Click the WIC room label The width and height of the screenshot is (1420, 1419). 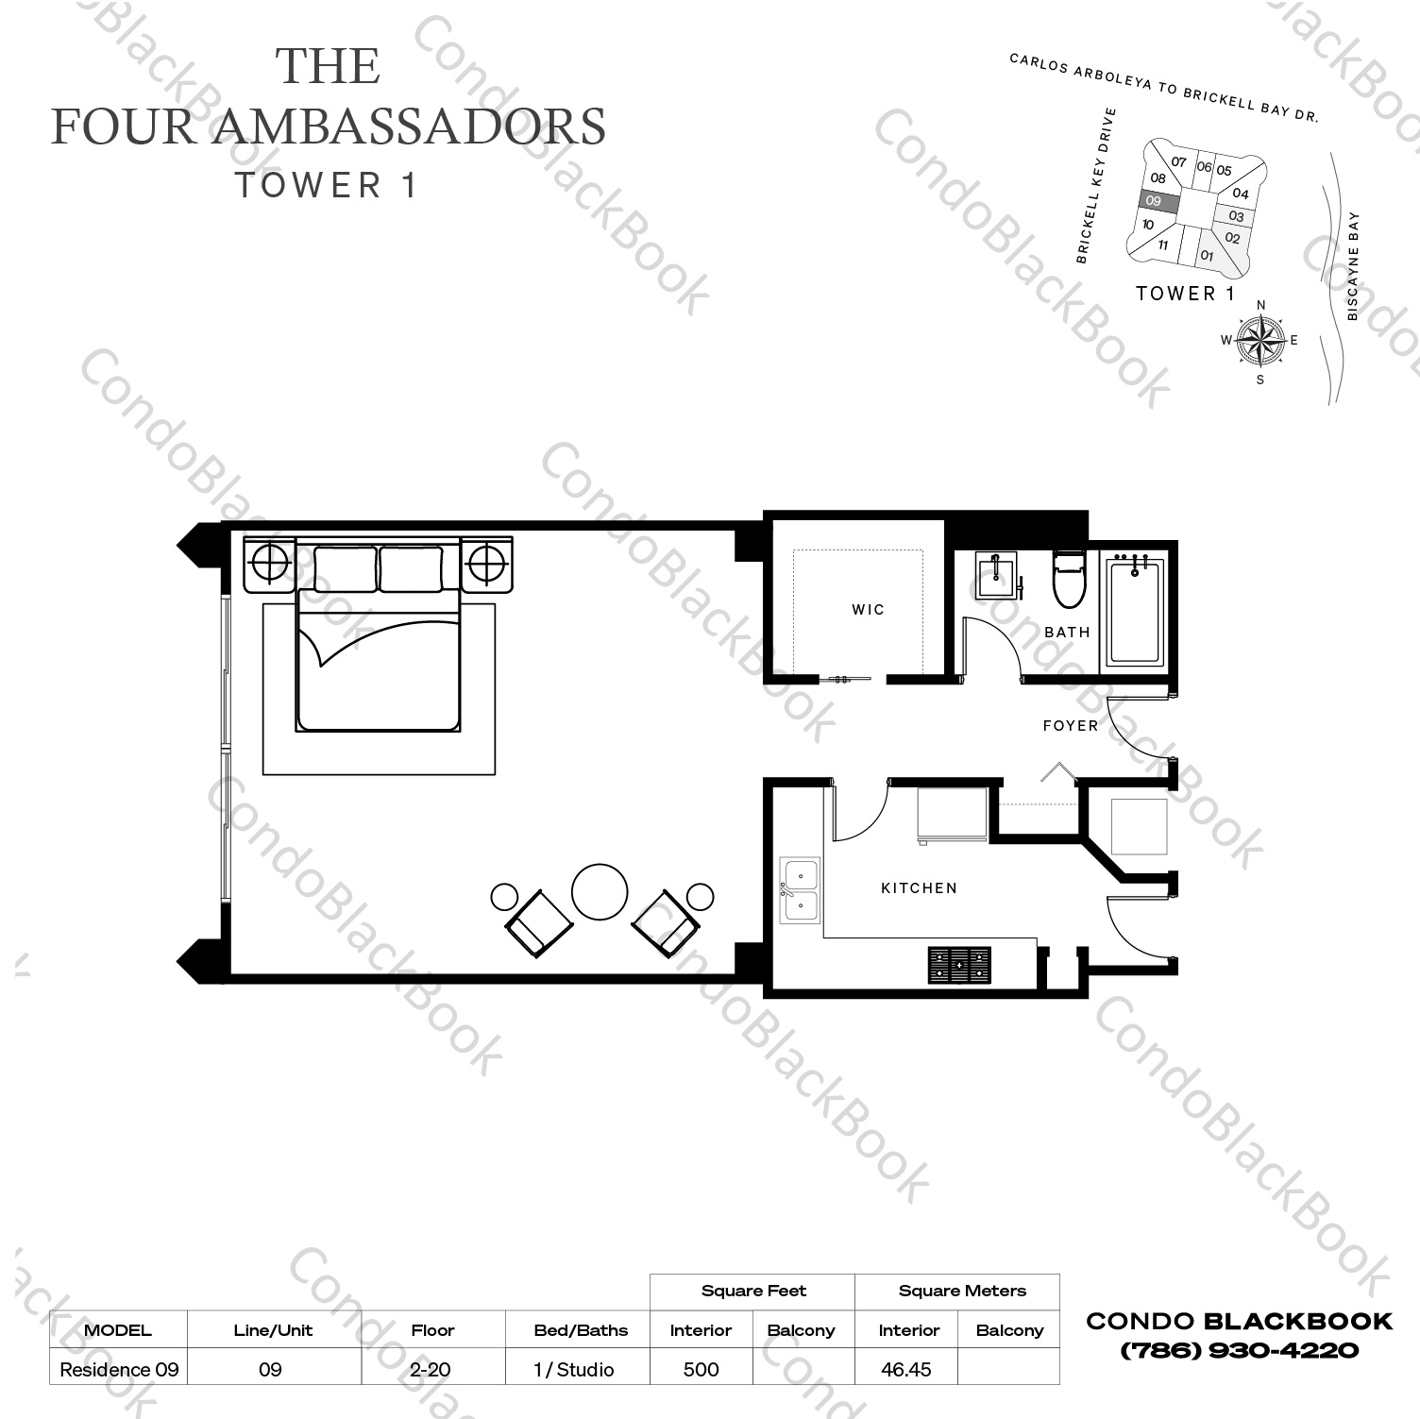click(x=868, y=610)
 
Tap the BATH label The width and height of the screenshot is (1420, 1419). click(x=1067, y=633)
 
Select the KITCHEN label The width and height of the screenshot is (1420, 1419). click(x=919, y=888)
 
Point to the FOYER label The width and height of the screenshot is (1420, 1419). click(x=1071, y=726)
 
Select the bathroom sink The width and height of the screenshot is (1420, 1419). click(x=996, y=575)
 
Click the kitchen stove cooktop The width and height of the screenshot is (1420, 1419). click(x=959, y=965)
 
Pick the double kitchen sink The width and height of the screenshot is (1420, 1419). click(x=800, y=891)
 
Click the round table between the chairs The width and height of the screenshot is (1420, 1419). click(x=600, y=892)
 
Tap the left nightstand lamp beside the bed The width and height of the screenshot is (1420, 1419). click(x=270, y=565)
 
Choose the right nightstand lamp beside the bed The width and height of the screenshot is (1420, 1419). click(x=486, y=565)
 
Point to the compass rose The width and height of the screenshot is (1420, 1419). click(x=1259, y=341)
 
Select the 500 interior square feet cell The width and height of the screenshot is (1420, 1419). click(x=701, y=1369)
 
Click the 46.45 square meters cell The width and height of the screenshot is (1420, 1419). click(x=905, y=1369)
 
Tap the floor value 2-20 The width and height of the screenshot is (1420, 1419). click(x=432, y=1369)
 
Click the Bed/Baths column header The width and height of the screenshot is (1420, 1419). click(x=580, y=1330)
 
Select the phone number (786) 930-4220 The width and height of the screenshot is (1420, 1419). click(x=1239, y=1350)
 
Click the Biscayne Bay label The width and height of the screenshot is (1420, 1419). click(x=1353, y=266)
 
